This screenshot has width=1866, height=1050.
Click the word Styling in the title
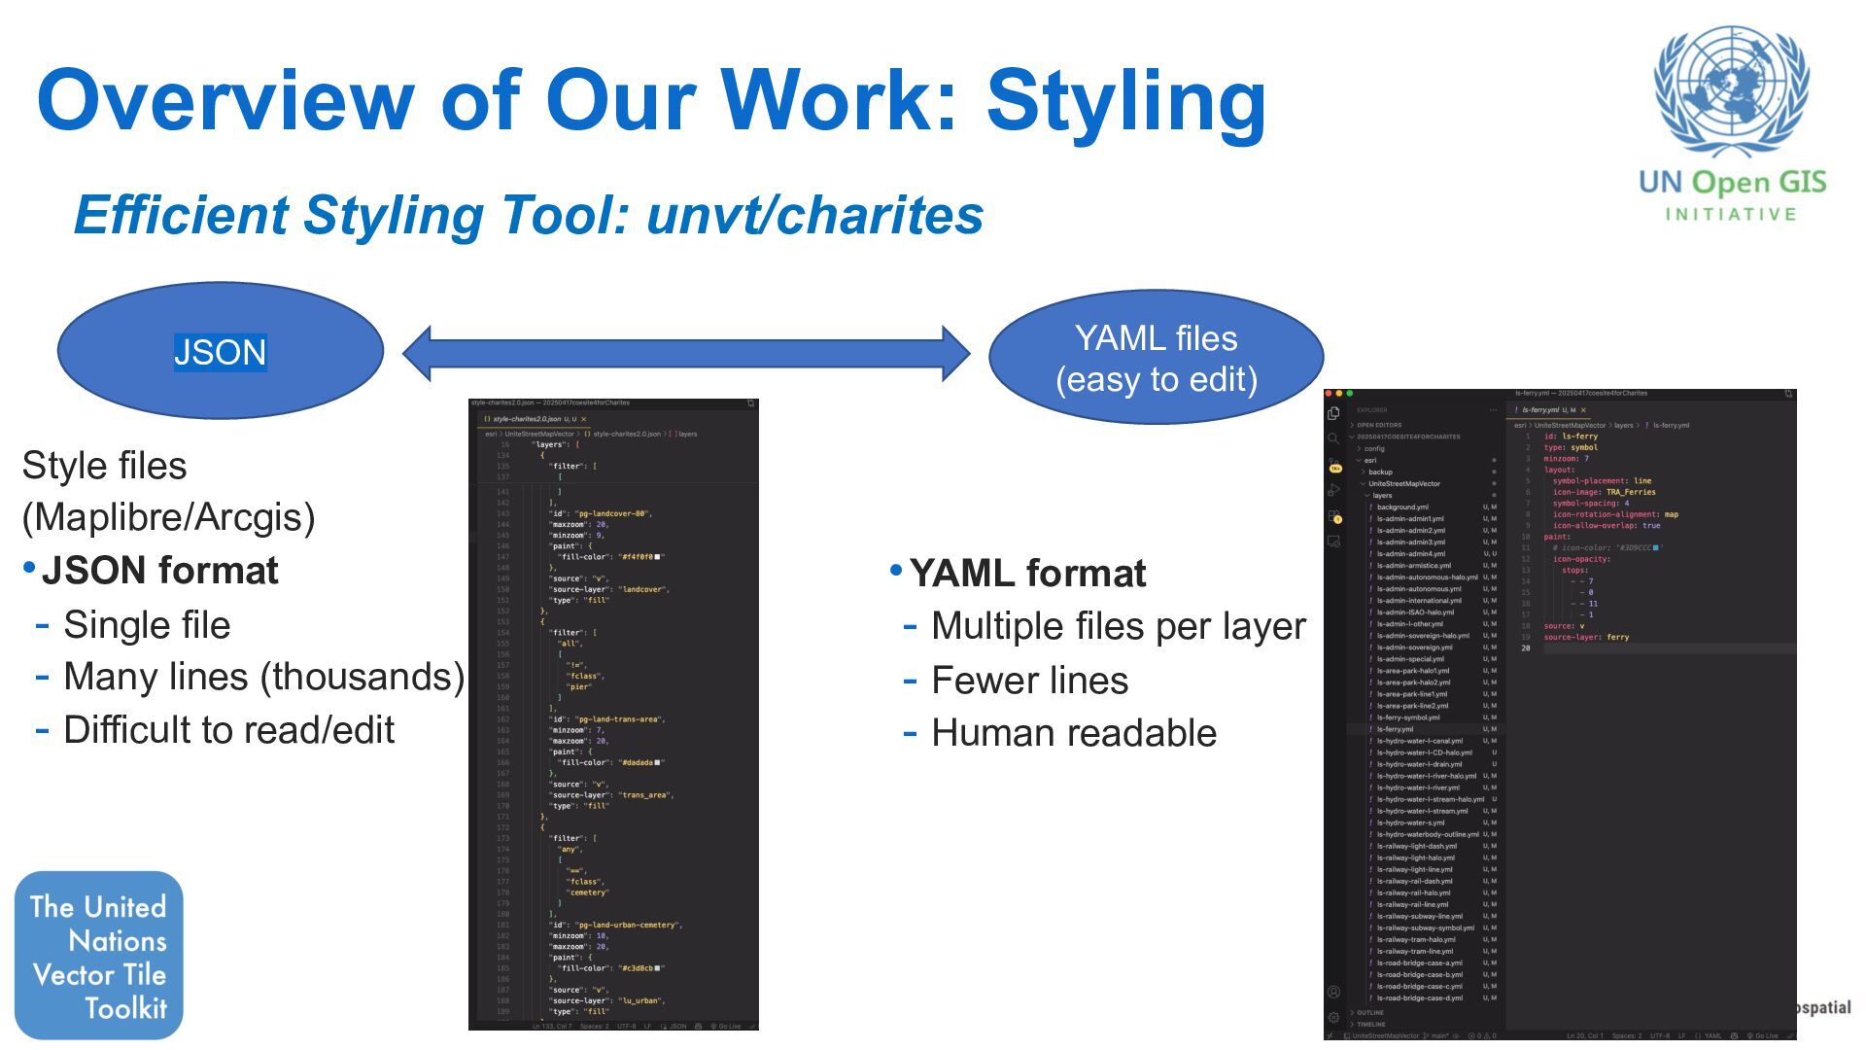1125,101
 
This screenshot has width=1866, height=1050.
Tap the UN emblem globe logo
1731,91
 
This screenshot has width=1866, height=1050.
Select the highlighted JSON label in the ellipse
220,352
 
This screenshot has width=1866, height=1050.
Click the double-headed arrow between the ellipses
686,353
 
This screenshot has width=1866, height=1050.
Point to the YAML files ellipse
1156,357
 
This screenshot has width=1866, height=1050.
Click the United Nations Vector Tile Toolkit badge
98,956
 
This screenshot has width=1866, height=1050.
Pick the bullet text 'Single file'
147,625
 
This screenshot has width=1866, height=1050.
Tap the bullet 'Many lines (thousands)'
263,677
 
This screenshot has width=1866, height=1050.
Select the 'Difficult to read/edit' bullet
228,730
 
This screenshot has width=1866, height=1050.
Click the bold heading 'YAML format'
1027,574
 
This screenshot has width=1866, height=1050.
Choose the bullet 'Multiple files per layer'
1118,627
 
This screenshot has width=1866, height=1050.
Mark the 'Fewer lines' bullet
1029,681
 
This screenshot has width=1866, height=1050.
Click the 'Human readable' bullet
1073,733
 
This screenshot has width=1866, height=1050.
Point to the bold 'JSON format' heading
159,571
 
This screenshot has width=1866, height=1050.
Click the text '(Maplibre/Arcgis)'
168,517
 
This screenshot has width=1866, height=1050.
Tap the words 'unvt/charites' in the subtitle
814,215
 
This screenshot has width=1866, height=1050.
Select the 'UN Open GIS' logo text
1732,183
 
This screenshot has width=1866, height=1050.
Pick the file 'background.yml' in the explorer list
1402,507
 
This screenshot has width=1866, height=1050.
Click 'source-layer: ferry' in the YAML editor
1586,638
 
